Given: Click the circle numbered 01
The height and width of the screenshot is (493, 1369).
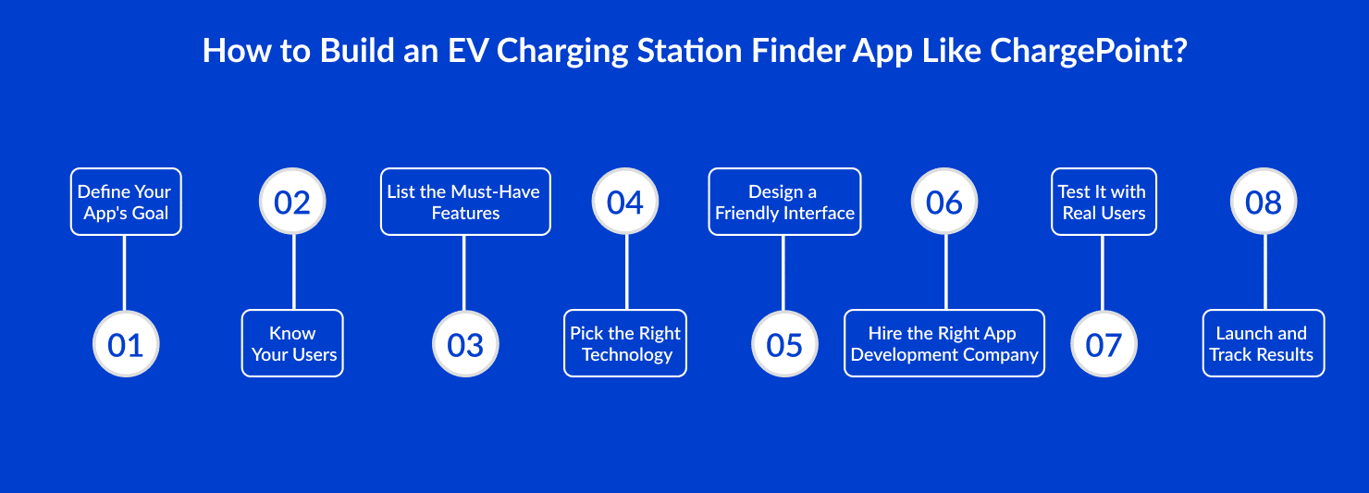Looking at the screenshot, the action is point(126,344).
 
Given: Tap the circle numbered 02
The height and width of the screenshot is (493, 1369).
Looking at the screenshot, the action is point(292,202).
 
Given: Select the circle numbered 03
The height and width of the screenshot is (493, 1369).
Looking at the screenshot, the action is point(465,344).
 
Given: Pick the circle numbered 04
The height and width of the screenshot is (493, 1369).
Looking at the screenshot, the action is point(625,202).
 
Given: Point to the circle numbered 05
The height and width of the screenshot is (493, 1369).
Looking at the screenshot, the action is point(784,344).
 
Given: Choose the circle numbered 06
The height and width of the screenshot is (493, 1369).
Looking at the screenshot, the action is point(944,202).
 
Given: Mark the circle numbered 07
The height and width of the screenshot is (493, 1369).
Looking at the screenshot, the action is point(1104,344).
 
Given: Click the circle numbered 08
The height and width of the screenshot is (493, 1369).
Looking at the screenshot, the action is point(1264,202).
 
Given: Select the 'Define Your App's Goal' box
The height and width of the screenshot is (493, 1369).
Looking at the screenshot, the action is point(126,202).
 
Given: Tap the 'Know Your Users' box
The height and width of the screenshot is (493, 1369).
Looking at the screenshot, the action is point(292,343).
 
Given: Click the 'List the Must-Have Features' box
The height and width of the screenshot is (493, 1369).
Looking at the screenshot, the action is point(465,202).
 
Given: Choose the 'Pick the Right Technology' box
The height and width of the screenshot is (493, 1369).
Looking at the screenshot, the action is point(625,343).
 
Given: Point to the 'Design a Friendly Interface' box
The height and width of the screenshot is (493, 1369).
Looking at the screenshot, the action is point(784,202).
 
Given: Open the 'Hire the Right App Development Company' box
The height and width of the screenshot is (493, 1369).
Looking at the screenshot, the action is point(944,343).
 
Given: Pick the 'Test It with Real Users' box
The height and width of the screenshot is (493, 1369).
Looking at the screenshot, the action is point(1104,202).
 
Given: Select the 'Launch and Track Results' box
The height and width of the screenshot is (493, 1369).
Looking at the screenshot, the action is point(1264,343).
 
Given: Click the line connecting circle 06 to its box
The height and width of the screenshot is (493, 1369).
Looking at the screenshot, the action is point(945,273).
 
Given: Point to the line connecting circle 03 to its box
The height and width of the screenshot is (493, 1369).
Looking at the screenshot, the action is point(463,273).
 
